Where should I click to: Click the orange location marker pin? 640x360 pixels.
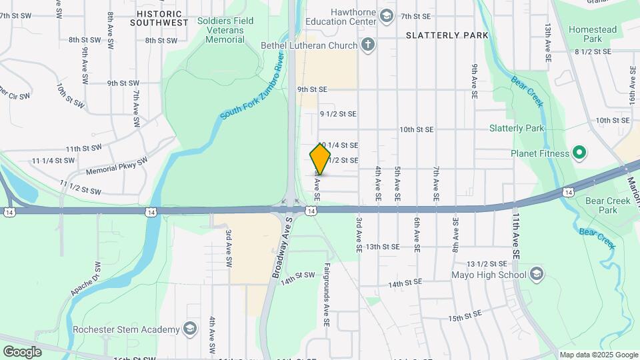pos(320,159)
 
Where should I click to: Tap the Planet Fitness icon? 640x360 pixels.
pos(579,153)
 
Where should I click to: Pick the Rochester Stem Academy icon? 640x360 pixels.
pos(191,329)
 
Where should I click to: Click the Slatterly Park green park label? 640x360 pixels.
pos(517,128)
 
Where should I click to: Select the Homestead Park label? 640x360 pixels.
pos(592,34)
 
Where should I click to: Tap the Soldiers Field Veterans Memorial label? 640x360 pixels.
pos(225,30)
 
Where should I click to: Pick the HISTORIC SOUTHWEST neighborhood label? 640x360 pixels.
pos(159,18)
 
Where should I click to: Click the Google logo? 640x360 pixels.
pos(22,351)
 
